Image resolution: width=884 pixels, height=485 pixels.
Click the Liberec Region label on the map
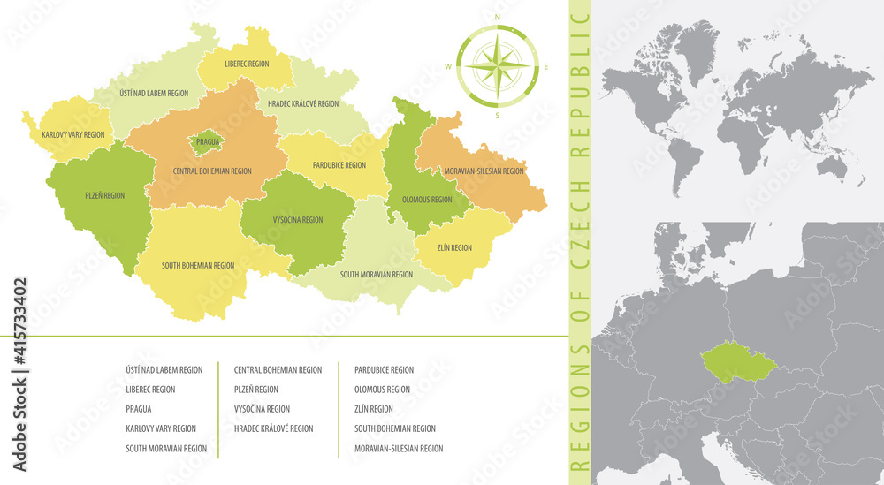coord(247,64)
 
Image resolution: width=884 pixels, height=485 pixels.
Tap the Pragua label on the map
coord(208,140)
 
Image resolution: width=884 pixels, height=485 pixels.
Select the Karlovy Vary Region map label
coord(72,135)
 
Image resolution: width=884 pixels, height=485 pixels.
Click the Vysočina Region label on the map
coord(298,219)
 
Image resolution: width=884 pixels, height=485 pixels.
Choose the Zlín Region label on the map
coord(454,248)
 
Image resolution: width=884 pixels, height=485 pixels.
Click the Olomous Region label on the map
coord(427,200)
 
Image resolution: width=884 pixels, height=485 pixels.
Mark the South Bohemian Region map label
coord(198,265)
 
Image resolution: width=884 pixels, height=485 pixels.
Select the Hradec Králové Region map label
coord(303,104)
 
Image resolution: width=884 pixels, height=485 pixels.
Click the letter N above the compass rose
coord(497,17)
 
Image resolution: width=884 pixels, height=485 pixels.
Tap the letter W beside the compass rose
coord(448,67)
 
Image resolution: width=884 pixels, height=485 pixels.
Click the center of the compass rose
coord(498,66)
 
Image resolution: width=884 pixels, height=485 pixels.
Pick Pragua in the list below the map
coord(139,409)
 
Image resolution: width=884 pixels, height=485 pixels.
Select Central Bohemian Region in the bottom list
coord(278,370)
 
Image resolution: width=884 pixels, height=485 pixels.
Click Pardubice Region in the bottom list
coord(384,370)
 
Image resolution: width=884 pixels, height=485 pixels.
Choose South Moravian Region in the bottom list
coord(166,448)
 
